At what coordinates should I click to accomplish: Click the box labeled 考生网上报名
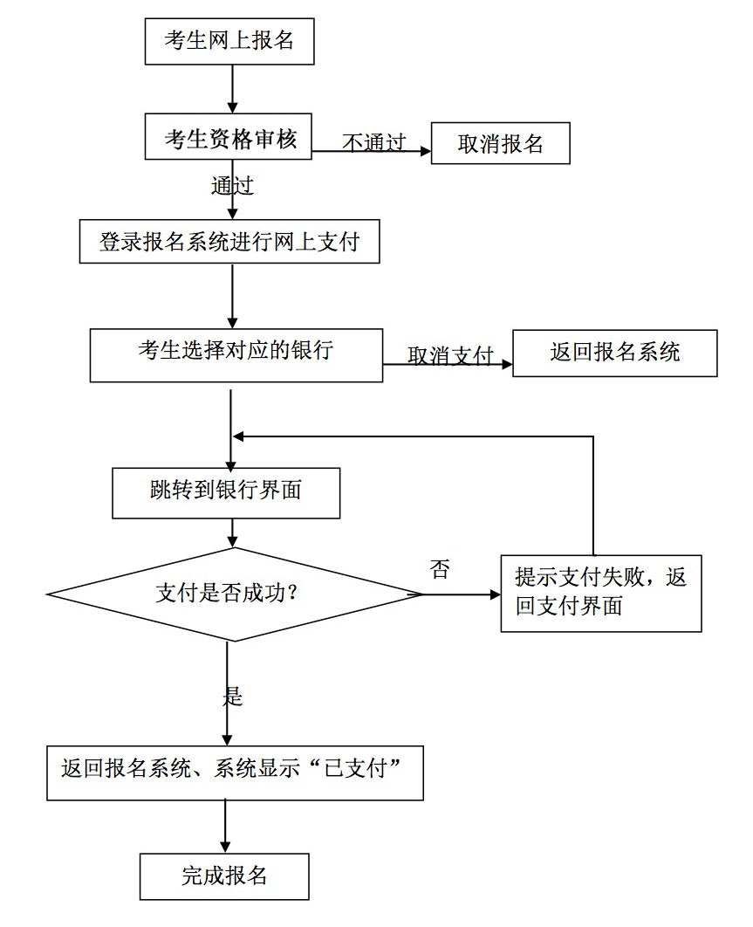pyautogui.click(x=229, y=40)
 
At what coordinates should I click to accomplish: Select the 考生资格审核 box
pyautogui.click(x=229, y=139)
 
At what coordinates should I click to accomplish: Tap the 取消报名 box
pyautogui.click(x=501, y=143)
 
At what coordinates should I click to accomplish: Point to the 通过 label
pyautogui.click(x=232, y=186)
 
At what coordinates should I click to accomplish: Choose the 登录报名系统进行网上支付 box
pyautogui.click(x=229, y=243)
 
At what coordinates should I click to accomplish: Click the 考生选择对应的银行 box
pyautogui.click(x=236, y=354)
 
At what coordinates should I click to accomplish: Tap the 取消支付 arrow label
pyautogui.click(x=450, y=356)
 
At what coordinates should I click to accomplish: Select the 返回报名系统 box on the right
pyautogui.click(x=614, y=353)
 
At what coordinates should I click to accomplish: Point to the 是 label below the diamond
pyautogui.click(x=232, y=696)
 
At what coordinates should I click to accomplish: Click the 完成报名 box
pyautogui.click(x=224, y=875)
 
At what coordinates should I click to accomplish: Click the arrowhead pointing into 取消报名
pyautogui.click(x=426, y=150)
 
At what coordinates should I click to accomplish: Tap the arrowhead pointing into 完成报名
pyautogui.click(x=225, y=846)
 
